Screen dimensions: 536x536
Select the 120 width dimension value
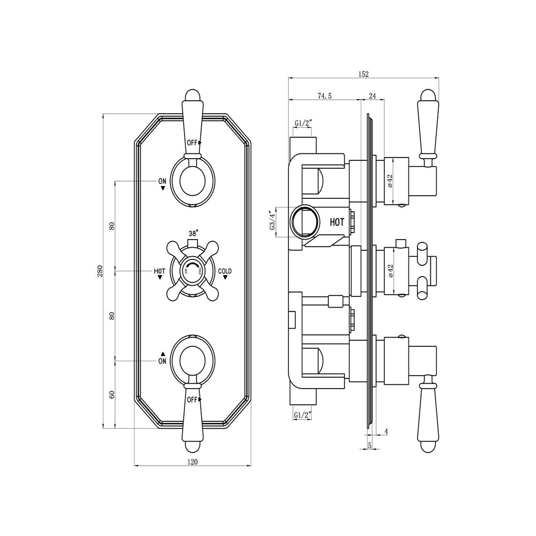192,461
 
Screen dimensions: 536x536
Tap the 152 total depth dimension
364,75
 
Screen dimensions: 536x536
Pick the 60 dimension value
112,394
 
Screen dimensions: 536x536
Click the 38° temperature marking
193,233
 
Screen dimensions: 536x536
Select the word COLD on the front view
225,272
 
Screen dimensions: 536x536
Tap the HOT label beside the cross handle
159,272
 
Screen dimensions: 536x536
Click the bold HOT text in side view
337,221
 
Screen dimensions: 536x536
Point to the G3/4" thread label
273,221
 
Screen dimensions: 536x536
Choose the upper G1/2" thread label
303,123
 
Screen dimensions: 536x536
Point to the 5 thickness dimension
370,445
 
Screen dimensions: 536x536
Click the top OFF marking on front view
192,143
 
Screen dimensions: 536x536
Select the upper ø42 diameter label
390,181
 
